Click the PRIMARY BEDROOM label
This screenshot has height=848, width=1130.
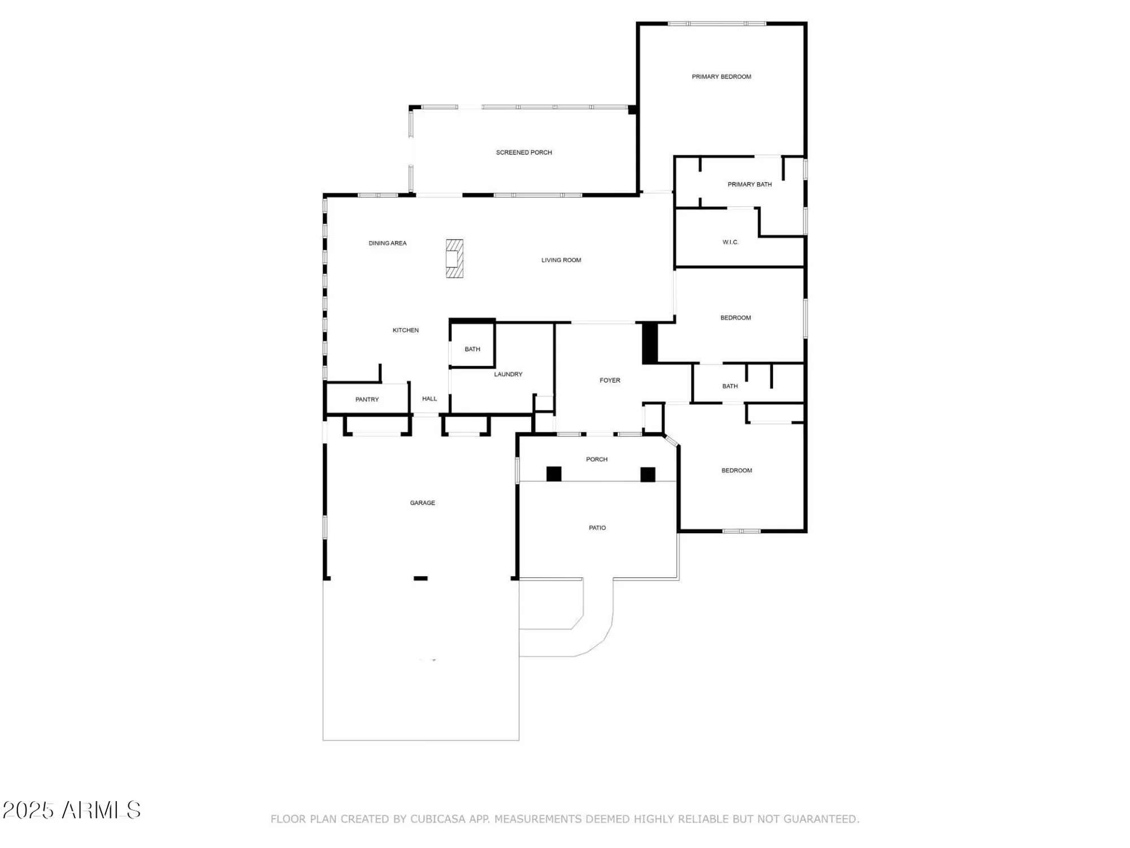point(721,77)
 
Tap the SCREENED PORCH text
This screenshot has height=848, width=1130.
point(524,153)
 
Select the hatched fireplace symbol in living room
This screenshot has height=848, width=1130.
point(454,258)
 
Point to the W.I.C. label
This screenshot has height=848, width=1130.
point(730,243)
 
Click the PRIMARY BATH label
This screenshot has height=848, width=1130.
point(749,184)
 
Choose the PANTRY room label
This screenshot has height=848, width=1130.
point(367,400)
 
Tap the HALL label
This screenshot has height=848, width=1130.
point(429,399)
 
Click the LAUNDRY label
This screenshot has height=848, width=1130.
point(508,374)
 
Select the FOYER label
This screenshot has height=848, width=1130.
point(610,380)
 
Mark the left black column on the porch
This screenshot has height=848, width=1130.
point(554,474)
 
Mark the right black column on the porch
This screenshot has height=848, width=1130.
point(647,474)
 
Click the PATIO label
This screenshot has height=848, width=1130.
point(597,528)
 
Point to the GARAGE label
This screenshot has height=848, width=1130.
point(422,503)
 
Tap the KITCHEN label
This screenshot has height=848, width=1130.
point(406,330)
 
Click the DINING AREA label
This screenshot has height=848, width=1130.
point(388,244)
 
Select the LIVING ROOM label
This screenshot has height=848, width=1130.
point(561,261)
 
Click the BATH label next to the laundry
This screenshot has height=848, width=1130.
point(472,349)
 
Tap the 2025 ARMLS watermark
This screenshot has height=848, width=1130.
point(72,810)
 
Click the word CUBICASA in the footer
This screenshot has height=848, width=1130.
point(442,819)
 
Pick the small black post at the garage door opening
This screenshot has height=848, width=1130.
point(420,578)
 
